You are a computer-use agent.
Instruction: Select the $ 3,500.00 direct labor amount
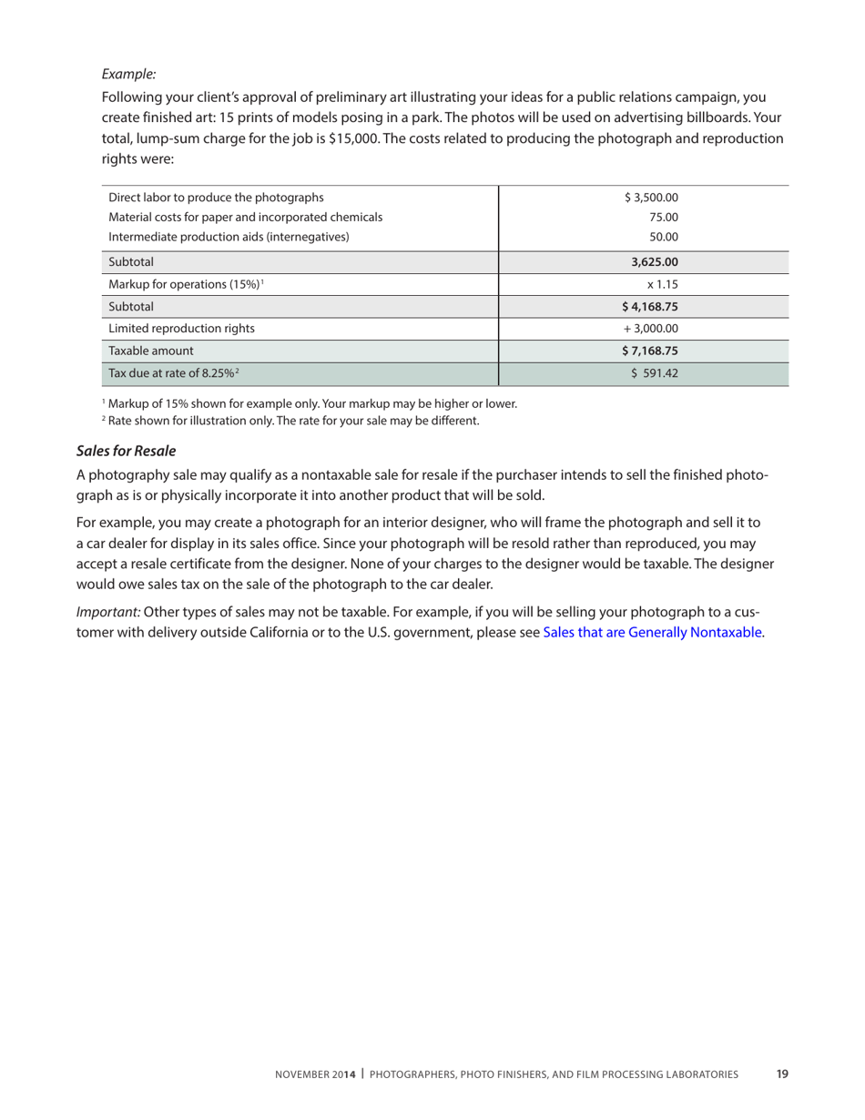pos(652,197)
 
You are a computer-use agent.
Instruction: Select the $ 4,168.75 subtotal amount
pos(652,307)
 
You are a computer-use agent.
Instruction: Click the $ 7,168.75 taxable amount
pos(652,351)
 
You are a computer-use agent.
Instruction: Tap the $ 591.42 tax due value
pos(656,372)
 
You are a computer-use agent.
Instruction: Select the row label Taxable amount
pos(150,351)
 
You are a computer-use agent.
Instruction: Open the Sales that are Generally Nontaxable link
pos(652,631)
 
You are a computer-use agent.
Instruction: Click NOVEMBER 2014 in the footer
pos(315,1074)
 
